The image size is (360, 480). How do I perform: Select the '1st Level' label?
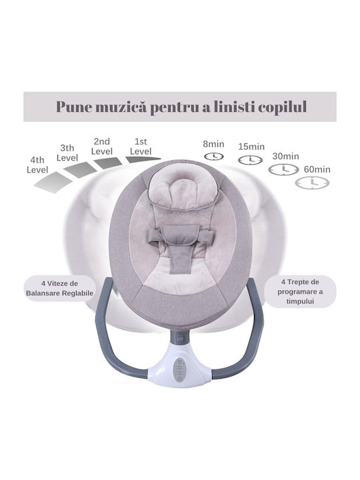141,146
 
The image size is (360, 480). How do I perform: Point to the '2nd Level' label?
102,146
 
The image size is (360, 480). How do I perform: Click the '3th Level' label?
67,153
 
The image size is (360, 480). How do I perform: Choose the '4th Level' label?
37,165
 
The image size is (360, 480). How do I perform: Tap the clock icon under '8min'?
214,157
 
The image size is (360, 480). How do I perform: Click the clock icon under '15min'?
251,159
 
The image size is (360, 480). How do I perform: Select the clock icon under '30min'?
283,169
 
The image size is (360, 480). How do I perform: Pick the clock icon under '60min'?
312,183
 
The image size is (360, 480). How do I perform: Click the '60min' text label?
317,169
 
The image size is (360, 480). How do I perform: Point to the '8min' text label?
214,144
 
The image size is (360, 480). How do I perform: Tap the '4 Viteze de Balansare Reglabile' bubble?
60,289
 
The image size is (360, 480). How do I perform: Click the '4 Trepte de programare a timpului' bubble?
300,291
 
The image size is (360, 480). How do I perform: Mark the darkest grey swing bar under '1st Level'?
143,159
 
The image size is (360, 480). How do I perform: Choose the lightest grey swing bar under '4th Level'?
53,183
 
